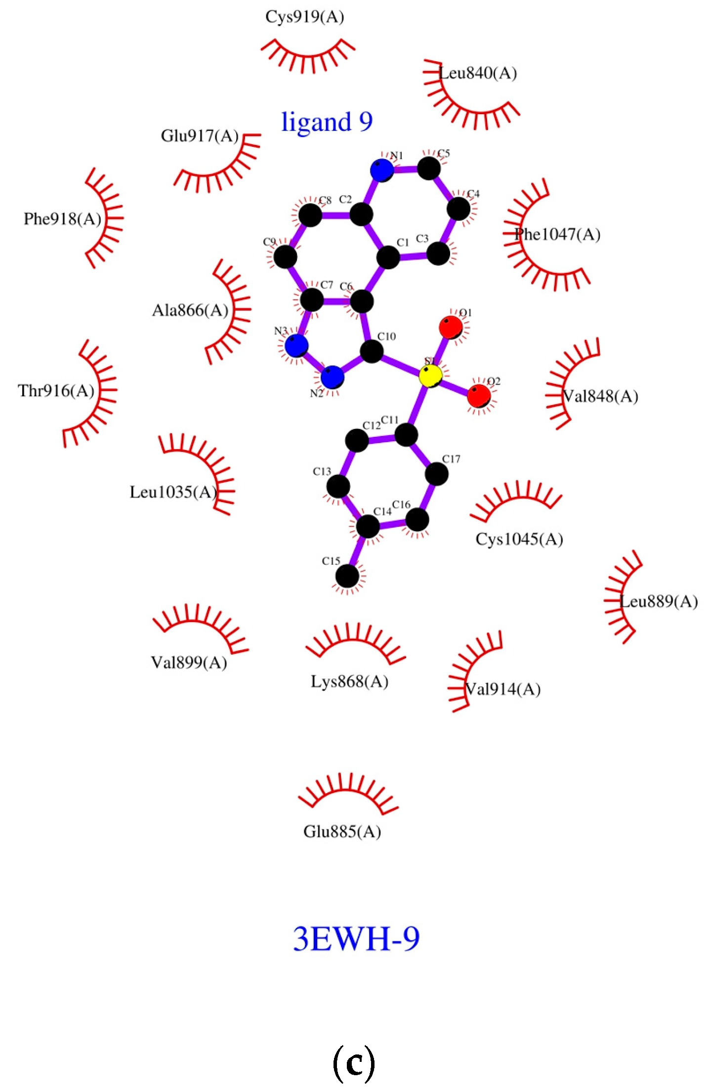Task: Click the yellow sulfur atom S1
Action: [x=430, y=376]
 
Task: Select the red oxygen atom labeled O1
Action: [x=451, y=327]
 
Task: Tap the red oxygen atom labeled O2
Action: [x=478, y=395]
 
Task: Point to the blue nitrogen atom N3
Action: [x=296, y=345]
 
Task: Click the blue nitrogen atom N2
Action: [x=332, y=378]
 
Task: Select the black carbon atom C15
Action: [x=347, y=576]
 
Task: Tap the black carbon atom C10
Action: [x=372, y=351]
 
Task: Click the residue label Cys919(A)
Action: [x=304, y=17]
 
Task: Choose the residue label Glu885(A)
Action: [x=342, y=832]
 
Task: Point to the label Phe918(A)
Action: [x=62, y=218]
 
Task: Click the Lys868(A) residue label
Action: [x=349, y=681]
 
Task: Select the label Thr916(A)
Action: [x=56, y=391]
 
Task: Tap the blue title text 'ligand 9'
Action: [x=327, y=122]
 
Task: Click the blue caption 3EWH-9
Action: [x=356, y=938]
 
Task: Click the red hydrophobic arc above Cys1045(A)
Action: [x=516, y=499]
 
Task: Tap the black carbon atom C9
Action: [x=285, y=257]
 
